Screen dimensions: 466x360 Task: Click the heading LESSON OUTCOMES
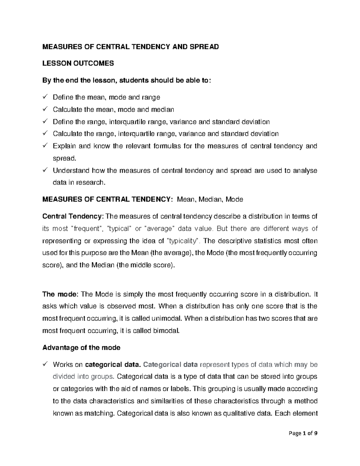(78, 63)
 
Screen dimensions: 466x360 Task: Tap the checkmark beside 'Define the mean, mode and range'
(45, 97)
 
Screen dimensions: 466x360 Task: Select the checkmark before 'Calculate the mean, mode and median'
(45, 109)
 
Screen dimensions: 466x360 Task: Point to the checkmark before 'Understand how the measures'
(45, 170)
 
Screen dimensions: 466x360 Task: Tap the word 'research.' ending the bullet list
(93, 182)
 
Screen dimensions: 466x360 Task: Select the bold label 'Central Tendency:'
(73, 216)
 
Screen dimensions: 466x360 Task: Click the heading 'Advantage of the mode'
(81, 347)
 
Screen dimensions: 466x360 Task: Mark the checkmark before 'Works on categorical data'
(45, 365)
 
